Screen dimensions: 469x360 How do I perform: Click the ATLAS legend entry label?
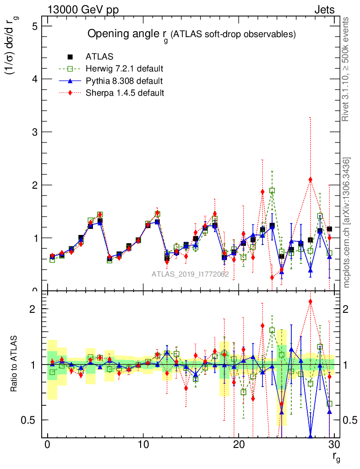(99, 57)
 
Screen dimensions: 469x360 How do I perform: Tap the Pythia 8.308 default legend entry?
(124, 81)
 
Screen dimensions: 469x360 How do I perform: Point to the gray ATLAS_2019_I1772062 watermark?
(190, 274)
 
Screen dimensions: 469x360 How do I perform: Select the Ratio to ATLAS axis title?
(15, 364)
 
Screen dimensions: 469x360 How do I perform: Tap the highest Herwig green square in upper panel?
(272, 191)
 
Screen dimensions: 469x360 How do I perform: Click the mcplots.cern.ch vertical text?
(347, 223)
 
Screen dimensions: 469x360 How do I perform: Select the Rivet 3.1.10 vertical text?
(346, 69)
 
